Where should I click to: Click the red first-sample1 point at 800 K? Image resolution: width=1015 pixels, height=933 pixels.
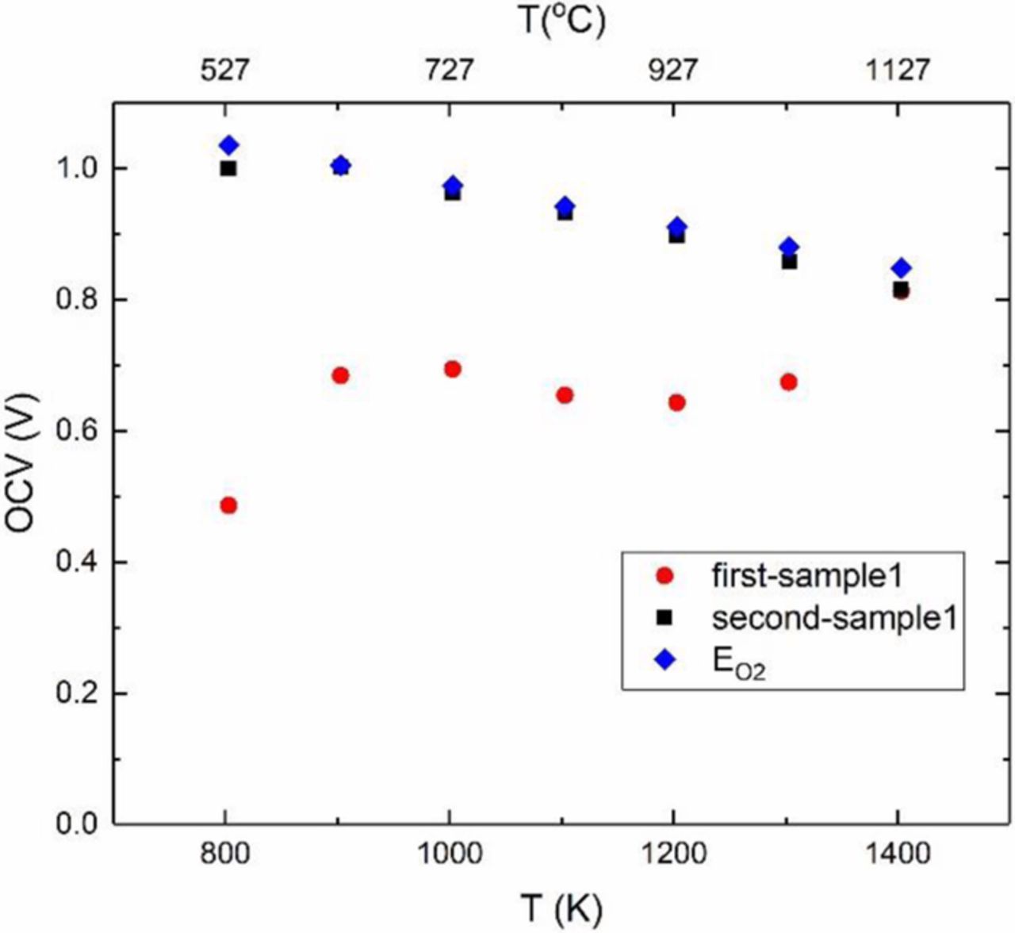(x=228, y=505)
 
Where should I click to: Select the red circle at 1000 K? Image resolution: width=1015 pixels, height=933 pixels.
(x=453, y=369)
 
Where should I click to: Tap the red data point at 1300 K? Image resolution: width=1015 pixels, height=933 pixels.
(x=788, y=382)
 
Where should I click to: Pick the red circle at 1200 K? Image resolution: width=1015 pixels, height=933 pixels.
(x=676, y=402)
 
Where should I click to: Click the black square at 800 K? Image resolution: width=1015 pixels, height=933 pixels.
(x=228, y=168)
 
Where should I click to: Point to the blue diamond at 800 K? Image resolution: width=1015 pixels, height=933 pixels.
(x=228, y=145)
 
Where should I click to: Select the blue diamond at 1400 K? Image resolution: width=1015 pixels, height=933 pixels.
(x=901, y=268)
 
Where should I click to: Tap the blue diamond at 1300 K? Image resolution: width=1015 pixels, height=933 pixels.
(x=788, y=247)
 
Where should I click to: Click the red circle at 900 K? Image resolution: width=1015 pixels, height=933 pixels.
(x=340, y=375)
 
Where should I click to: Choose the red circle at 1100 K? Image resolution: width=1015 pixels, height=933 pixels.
(x=565, y=395)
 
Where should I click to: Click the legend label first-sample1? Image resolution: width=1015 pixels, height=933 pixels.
(x=807, y=576)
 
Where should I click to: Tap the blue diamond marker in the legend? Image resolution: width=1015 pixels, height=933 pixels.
(x=665, y=660)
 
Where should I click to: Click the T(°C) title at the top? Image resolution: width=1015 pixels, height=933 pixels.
(x=564, y=21)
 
